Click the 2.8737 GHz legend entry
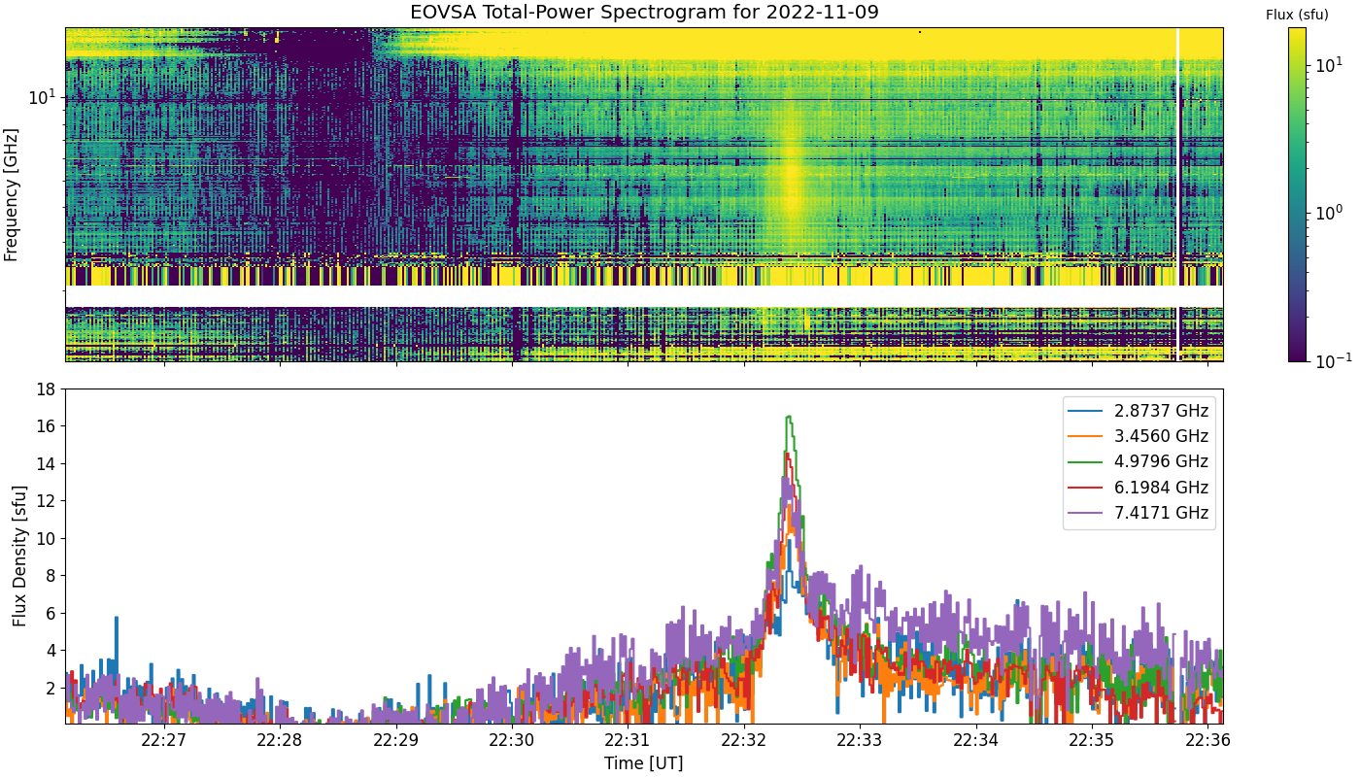tap(1138, 411)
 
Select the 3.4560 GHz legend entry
tap(1138, 436)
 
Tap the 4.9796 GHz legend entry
tap(1138, 462)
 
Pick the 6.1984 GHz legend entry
tap(1138, 488)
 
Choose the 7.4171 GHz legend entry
tap(1138, 513)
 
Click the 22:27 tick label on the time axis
tap(164, 740)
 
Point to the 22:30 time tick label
tap(513, 740)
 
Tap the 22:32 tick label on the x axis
tap(744, 740)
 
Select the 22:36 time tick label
tap(1208, 740)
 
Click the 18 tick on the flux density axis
tap(46, 389)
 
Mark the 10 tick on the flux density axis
tap(46, 539)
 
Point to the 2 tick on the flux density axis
tap(51, 689)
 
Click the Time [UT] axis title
tap(643, 763)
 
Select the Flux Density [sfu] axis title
tap(19, 556)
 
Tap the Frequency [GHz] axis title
tap(11, 195)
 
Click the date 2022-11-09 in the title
tap(822, 12)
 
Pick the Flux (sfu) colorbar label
tap(1297, 16)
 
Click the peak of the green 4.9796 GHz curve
tap(789, 417)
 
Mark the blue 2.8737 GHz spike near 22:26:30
tap(117, 618)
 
